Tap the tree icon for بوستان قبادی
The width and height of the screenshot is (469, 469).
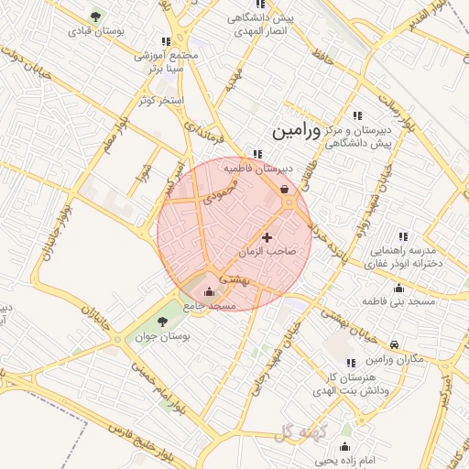tap(96, 16)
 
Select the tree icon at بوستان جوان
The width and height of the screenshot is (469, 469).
tap(162, 321)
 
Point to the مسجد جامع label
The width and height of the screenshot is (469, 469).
tap(210, 304)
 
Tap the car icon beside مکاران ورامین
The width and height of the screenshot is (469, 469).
tap(394, 345)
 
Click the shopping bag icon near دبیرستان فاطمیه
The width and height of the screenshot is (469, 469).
tap(283, 190)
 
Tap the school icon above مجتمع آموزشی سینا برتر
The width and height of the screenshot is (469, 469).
tap(165, 41)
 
